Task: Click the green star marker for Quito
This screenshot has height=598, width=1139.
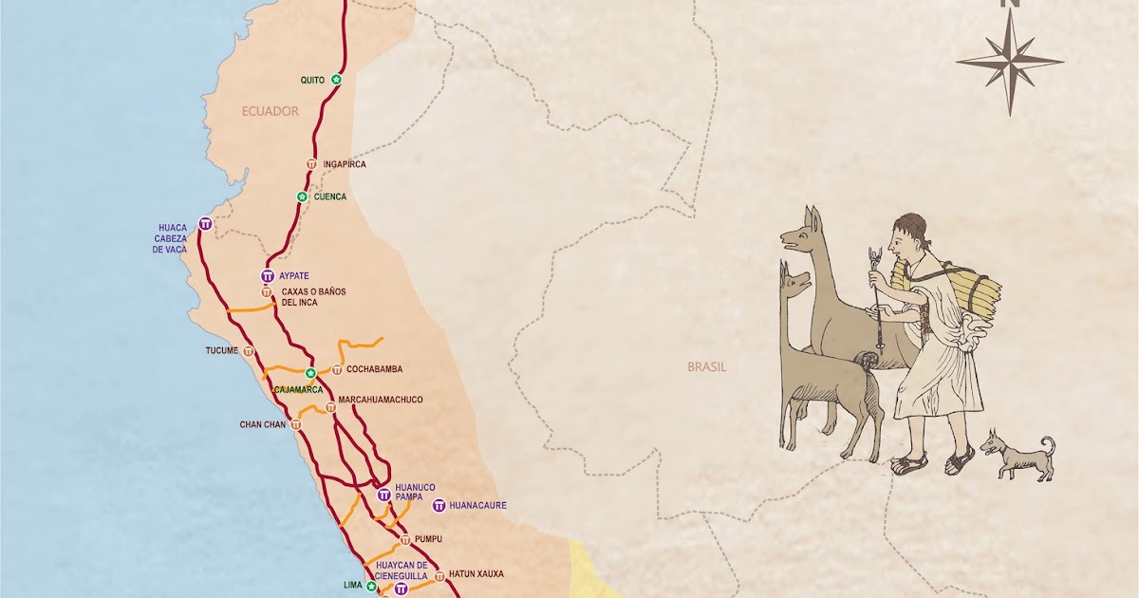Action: pos(336,79)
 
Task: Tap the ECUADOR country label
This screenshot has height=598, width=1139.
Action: pos(270,111)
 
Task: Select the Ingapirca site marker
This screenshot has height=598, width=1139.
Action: pos(311,164)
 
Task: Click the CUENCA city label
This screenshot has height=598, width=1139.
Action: pos(330,196)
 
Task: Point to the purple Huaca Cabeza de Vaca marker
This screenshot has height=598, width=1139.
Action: pos(206,224)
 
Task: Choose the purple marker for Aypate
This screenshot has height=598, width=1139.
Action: pos(268,275)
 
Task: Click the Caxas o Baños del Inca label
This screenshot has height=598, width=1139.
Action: pos(313,296)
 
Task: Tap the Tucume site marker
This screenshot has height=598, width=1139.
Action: pos(249,350)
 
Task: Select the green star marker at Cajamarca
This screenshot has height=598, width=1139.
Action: pos(310,372)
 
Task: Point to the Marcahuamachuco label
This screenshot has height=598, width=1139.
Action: pos(380,400)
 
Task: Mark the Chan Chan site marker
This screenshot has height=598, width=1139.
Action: pos(296,424)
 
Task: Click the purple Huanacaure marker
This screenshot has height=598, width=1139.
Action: pos(439,505)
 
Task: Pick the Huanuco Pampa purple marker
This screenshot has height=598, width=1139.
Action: pos(383,495)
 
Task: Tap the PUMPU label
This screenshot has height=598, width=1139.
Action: pos(429,539)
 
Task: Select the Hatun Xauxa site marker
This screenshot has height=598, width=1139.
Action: pos(439,575)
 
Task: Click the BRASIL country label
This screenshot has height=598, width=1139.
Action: pos(707,366)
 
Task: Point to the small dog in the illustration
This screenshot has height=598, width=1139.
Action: pos(1018,455)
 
